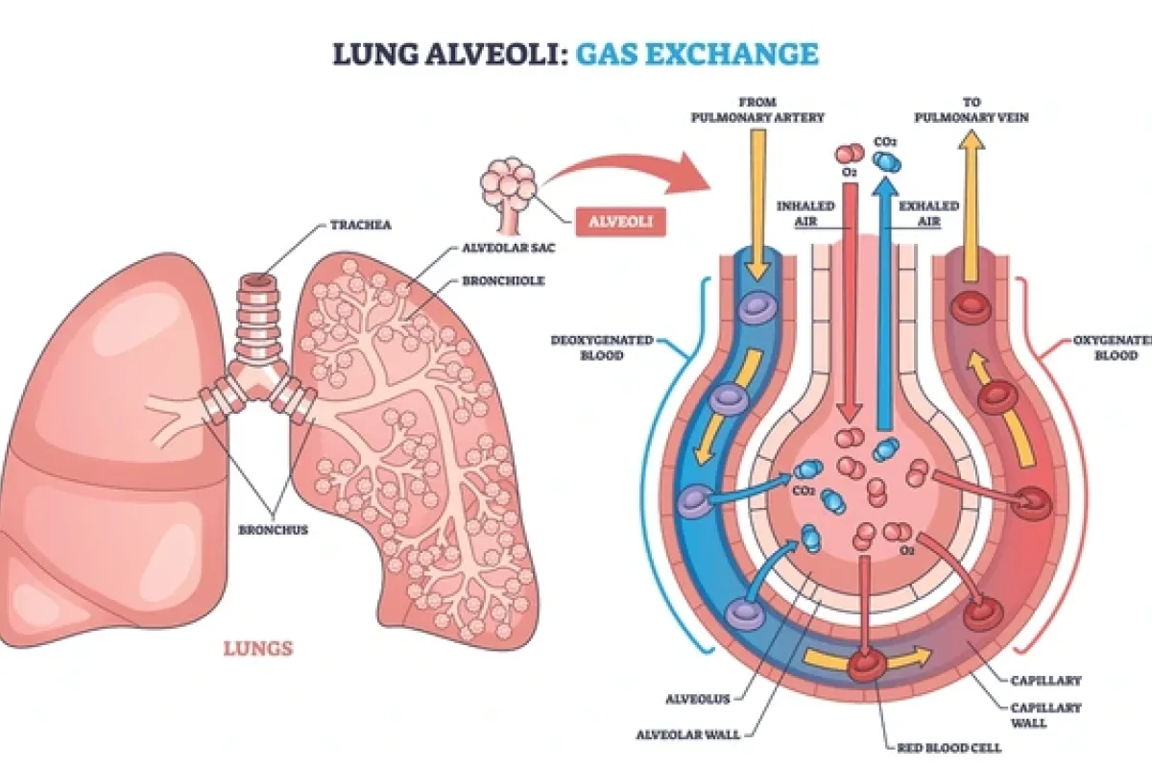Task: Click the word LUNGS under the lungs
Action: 258,649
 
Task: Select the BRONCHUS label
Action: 274,529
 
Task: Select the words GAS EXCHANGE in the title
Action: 697,53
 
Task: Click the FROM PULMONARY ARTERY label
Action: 756,108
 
